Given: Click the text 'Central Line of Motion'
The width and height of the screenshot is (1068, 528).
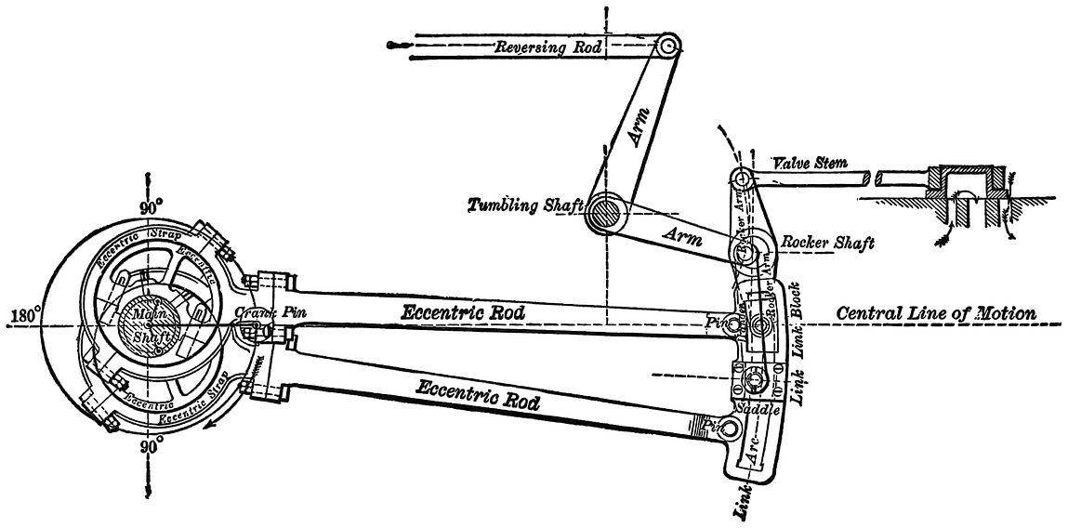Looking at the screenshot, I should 936,313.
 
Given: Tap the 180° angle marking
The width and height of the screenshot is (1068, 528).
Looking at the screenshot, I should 20,316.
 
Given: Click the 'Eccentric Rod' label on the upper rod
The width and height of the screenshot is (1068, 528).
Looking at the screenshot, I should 462,313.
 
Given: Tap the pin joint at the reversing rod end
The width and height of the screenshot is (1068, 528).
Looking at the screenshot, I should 668,45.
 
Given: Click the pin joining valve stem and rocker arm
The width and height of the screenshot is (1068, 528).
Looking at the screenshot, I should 741,178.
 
